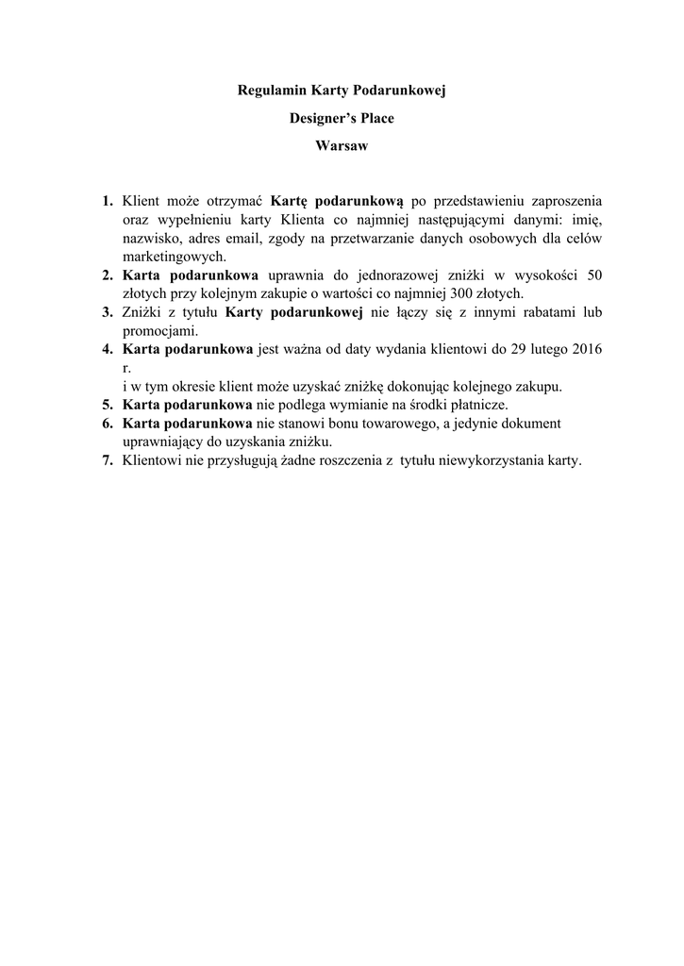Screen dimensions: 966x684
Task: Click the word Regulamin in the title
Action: tap(269, 91)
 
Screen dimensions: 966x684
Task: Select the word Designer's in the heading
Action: tap(320, 119)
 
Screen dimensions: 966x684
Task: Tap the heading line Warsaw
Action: tap(342, 147)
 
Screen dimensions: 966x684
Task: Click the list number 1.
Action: tap(108, 201)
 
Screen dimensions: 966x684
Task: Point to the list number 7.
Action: tap(108, 461)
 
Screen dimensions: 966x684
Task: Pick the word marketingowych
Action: tap(175, 257)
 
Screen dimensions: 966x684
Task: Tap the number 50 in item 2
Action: tap(594, 275)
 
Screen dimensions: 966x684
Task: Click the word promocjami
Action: tap(159, 331)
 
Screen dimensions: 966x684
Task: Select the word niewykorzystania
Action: tap(490, 461)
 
